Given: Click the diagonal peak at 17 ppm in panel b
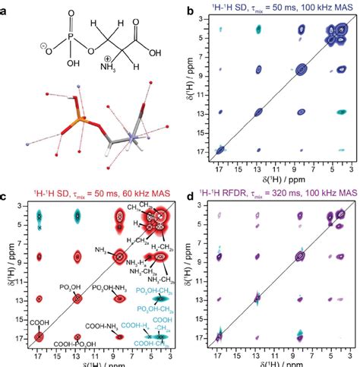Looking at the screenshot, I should click(x=223, y=150).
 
